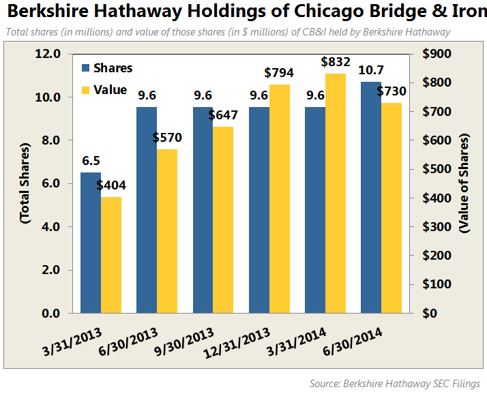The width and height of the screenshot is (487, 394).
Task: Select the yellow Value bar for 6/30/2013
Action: point(167,231)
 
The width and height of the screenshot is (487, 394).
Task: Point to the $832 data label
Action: point(336,62)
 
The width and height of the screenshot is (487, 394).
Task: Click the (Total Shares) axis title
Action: point(25,183)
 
